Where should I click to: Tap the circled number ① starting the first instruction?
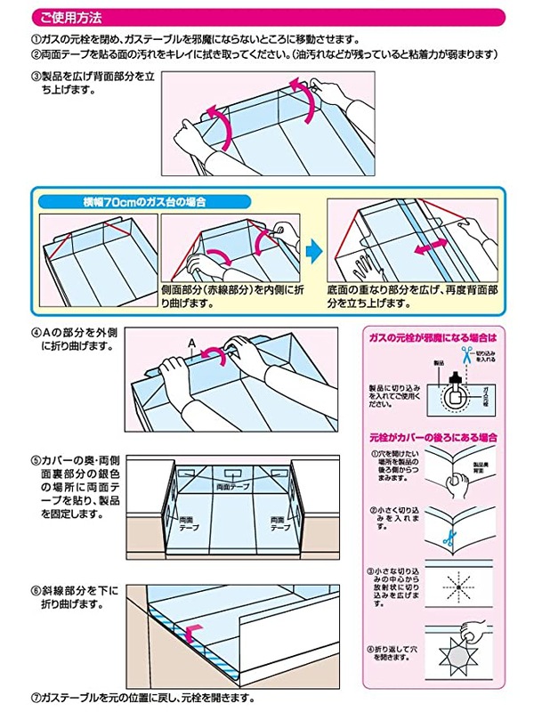36,39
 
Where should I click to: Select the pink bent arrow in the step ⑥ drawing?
191,634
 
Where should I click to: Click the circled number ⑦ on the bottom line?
36,699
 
